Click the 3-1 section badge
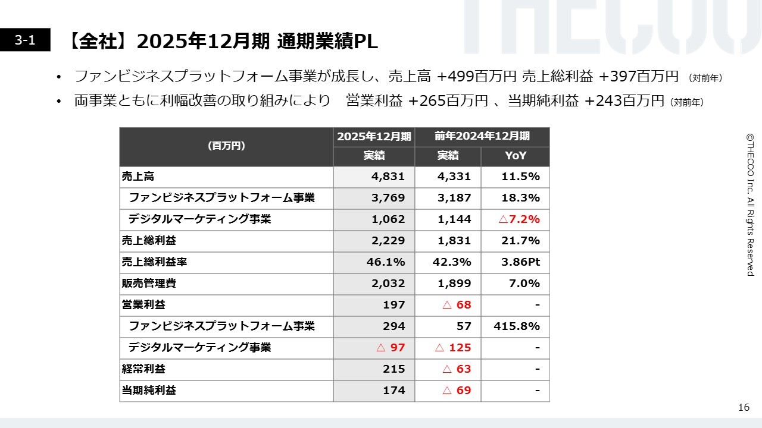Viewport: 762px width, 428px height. coord(25,40)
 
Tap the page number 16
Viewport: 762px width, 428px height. coord(744,407)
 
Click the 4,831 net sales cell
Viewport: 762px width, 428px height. coord(388,177)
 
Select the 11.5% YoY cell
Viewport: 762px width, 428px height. coord(520,177)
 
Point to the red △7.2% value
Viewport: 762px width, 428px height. coord(519,219)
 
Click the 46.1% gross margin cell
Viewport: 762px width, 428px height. coord(385,262)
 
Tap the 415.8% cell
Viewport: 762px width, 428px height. coord(517,326)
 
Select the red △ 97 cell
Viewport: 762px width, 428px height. coord(391,348)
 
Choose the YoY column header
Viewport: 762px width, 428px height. coord(515,156)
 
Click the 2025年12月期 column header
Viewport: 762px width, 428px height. coord(374,137)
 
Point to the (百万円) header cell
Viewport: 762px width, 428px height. coord(226,146)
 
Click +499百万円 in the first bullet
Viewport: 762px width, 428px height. coord(477,77)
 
